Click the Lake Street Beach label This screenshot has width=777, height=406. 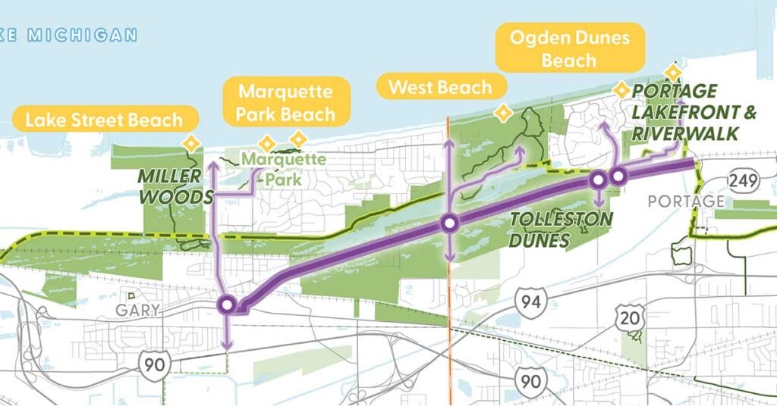[x=104, y=120]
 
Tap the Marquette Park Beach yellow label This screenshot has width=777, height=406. [x=286, y=103]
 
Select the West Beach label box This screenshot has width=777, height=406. [x=440, y=87]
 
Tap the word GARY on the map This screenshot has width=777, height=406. [x=137, y=310]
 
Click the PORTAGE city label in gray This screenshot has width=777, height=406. [x=676, y=201]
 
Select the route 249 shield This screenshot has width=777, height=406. [x=741, y=180]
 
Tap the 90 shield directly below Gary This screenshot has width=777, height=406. [x=150, y=365]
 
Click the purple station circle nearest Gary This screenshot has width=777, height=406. [x=227, y=305]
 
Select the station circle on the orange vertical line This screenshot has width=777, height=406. [x=450, y=223]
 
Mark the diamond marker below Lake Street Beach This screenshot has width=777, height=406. [x=192, y=142]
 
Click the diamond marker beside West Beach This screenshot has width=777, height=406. [x=502, y=114]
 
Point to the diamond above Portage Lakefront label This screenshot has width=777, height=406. [x=672, y=72]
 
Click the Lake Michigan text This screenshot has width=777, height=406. [x=72, y=35]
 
